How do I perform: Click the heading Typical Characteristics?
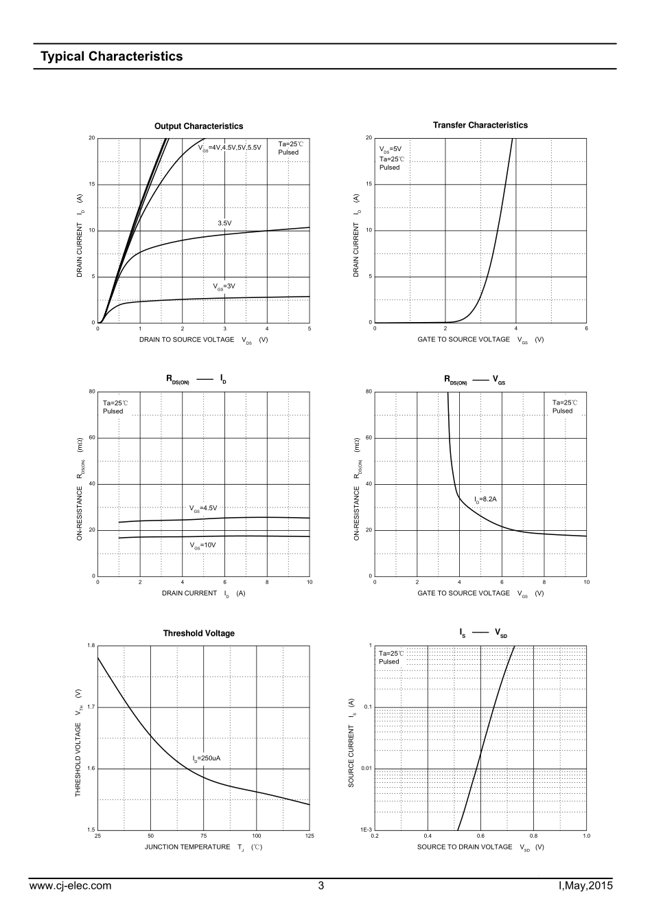[x=111, y=56]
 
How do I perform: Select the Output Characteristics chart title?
[x=198, y=126]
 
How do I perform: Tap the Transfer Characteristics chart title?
[x=480, y=125]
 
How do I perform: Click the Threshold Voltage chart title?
[x=198, y=633]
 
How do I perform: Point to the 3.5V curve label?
[x=224, y=223]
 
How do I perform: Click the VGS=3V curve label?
[x=224, y=286]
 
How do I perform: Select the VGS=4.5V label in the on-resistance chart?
[x=203, y=508]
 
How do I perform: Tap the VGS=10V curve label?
[x=203, y=545]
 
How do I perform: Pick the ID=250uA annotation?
[x=207, y=759]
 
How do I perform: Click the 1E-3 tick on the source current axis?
[x=366, y=830]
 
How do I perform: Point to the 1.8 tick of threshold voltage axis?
[x=91, y=646]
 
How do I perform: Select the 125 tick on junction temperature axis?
[x=309, y=836]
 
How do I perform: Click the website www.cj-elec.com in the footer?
[x=71, y=886]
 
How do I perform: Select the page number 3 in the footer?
[x=321, y=886]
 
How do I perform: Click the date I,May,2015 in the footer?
[x=585, y=886]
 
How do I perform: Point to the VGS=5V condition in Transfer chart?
[x=390, y=148]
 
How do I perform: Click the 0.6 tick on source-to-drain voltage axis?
[x=480, y=836]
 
